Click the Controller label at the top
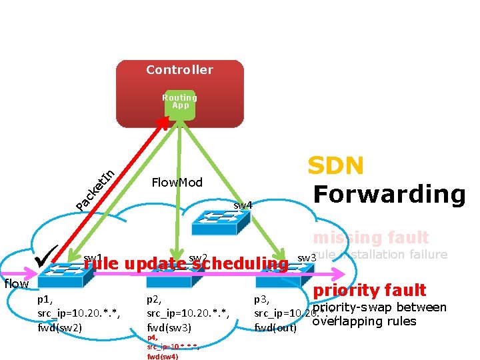coord(179,70)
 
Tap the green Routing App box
coord(181,104)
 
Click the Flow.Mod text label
coord(177,183)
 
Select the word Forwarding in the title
coord(389,194)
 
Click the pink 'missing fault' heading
coord(371,237)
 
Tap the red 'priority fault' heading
coord(369,290)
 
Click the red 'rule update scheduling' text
coord(185,264)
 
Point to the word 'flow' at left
coord(16,284)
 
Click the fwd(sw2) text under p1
coord(60,327)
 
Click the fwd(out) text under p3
coord(275,327)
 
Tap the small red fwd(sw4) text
coord(163,357)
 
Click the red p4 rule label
coord(152,338)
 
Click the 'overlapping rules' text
coord(364,321)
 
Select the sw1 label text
coord(93,258)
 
